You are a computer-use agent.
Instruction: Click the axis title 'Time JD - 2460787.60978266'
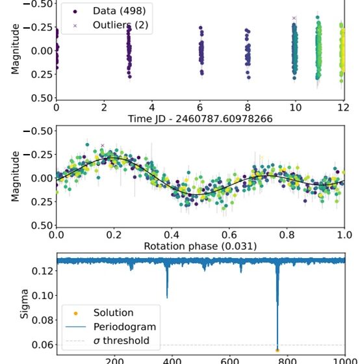tap(200, 119)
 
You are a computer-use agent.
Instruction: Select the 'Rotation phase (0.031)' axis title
tap(200, 246)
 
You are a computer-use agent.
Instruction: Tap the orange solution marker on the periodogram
tap(277, 350)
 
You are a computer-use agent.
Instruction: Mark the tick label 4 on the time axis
tap(152, 108)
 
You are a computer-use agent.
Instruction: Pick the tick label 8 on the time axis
tap(248, 108)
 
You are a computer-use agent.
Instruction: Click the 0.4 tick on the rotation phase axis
tap(172, 235)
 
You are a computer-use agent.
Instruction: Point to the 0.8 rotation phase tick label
tap(287, 235)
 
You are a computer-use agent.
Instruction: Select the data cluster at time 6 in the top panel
tap(201, 52)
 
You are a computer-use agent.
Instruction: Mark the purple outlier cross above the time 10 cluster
tap(294, 18)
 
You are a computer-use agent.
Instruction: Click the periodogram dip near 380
tap(167, 286)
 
